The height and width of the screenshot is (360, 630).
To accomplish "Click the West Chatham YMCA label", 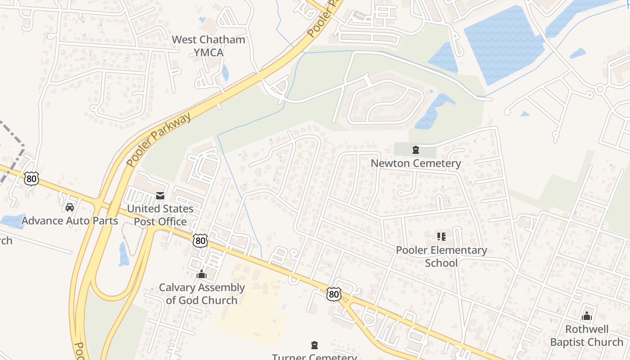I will [208, 46].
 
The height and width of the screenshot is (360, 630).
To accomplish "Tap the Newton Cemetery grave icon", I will [416, 150].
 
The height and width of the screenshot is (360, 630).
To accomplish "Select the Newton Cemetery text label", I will [416, 163].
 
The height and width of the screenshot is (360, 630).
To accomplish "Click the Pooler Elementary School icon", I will [441, 236].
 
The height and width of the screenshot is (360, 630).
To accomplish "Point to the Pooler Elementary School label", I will [441, 256].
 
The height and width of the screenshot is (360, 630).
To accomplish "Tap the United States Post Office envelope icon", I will [160, 196].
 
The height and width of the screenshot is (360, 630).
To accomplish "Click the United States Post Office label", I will [160, 215].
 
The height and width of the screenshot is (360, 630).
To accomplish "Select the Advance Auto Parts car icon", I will [70, 207].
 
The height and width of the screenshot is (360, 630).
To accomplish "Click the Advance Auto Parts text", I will [70, 221].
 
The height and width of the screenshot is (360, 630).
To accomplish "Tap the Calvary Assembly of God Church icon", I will [202, 274].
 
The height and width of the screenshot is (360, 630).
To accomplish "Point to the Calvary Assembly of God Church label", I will [202, 294].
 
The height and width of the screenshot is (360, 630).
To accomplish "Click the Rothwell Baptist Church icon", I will [586, 316].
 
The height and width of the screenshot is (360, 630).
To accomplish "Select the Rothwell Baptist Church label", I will [586, 336].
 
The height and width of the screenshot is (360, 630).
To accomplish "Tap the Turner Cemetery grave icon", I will [314, 345].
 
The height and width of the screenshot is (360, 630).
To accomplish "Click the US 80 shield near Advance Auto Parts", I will [31, 179].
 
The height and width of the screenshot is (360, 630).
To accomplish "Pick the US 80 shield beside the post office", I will [200, 241].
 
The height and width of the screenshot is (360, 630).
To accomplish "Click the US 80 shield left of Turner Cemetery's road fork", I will [333, 294].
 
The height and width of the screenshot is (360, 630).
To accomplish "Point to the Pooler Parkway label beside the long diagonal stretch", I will [159, 139].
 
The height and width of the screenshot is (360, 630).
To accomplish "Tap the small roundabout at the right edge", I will [599, 90].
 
